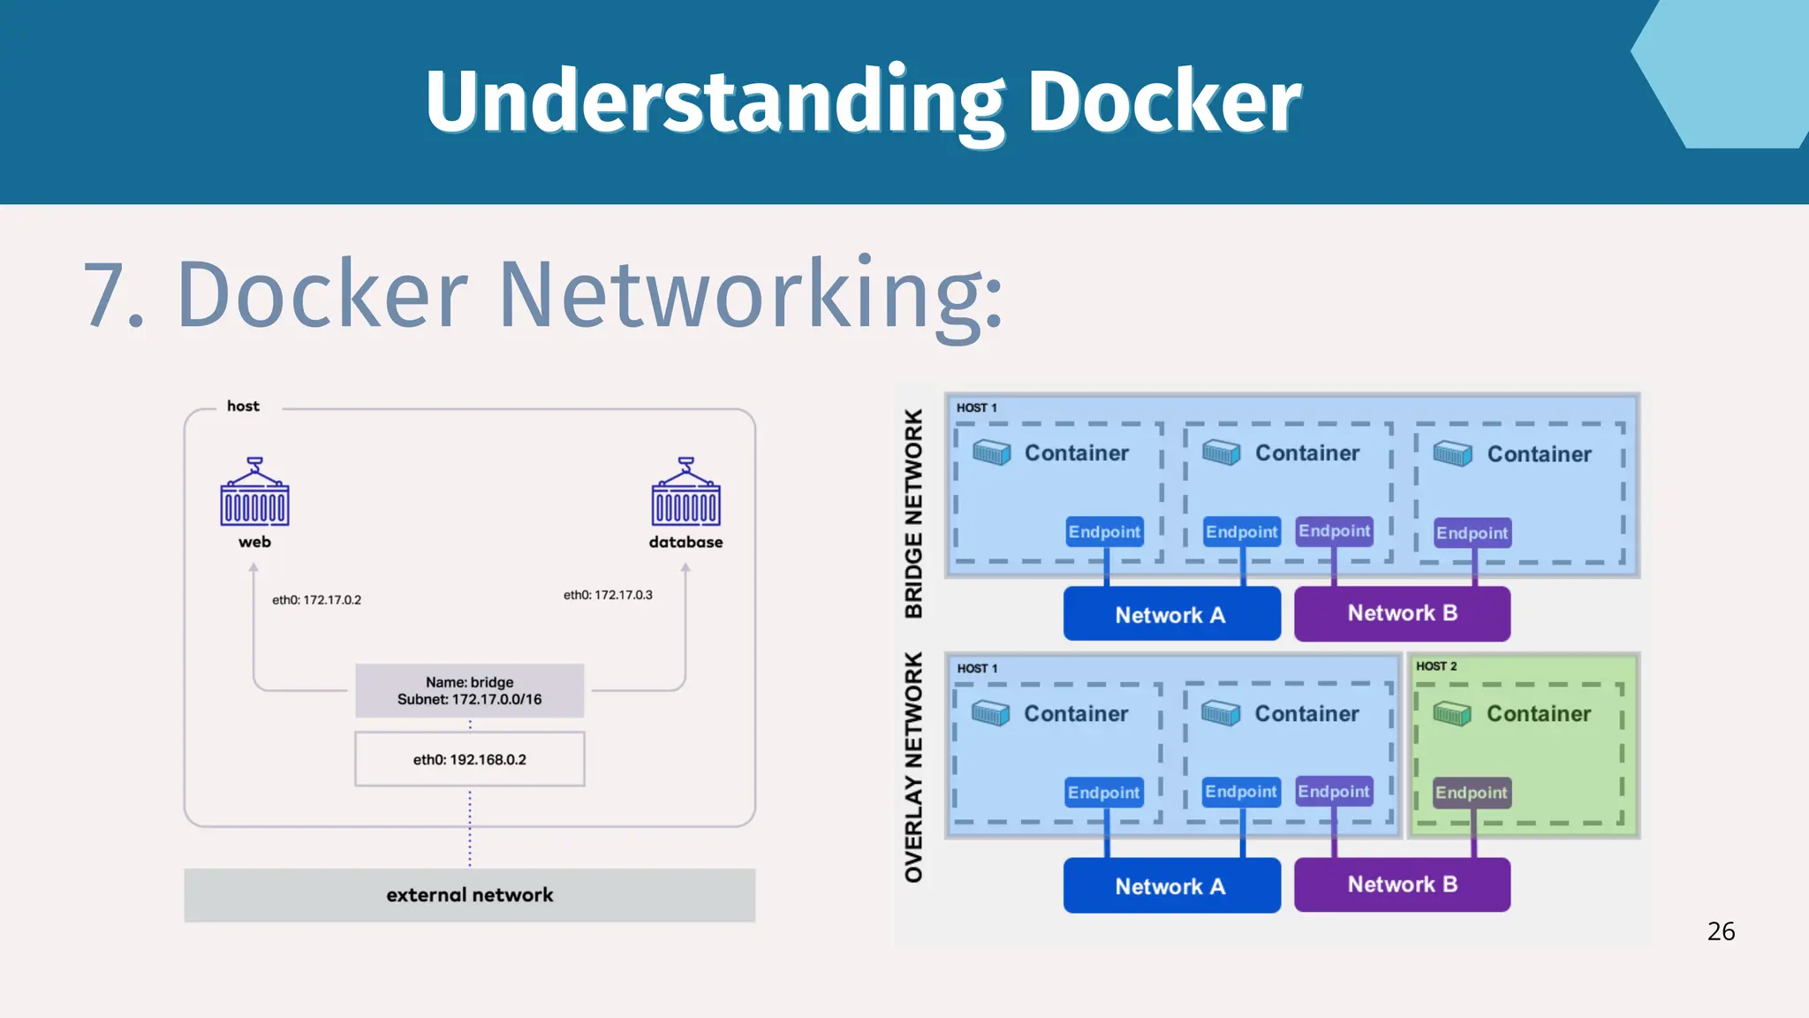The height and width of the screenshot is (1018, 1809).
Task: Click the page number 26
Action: click(1721, 931)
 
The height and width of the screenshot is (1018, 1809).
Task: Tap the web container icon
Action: click(254, 492)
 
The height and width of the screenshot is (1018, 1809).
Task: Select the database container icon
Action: click(685, 492)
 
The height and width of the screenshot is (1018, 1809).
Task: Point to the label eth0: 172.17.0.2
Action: click(316, 600)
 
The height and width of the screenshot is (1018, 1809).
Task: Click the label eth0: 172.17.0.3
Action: click(608, 595)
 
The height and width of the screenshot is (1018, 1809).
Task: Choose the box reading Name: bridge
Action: click(469, 690)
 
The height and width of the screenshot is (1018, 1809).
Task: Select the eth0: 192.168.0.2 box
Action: click(469, 759)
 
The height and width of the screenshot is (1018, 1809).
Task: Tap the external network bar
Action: click(469, 895)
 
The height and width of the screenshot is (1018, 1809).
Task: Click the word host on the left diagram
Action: click(243, 406)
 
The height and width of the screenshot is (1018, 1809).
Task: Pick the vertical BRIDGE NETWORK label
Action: click(913, 513)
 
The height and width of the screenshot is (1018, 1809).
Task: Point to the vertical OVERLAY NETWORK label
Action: click(913, 767)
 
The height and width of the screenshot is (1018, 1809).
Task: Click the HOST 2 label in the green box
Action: click(1436, 666)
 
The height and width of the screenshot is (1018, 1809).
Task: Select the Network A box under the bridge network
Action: click(1171, 614)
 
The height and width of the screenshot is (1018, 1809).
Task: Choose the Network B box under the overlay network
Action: click(1402, 885)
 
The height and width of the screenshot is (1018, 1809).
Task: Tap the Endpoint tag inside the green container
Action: click(1471, 793)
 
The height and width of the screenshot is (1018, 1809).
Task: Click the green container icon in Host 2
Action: click(1451, 714)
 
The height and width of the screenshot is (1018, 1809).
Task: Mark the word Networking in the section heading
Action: click(751, 294)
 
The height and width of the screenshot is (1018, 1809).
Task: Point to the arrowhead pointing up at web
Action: click(254, 568)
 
